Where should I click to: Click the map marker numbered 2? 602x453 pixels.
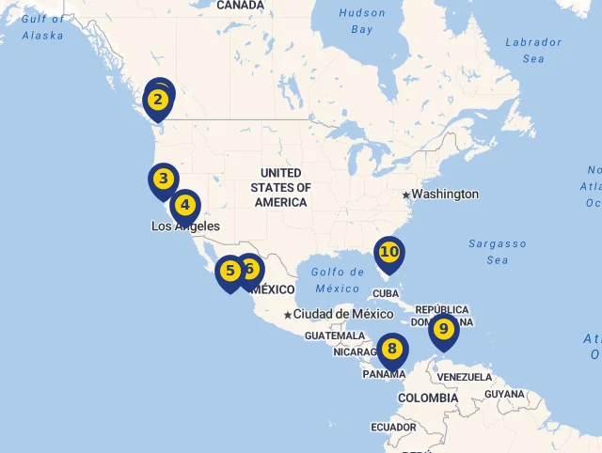pos(158,99)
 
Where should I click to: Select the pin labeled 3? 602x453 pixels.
pos(163,179)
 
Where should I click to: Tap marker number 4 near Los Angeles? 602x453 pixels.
pos(185,205)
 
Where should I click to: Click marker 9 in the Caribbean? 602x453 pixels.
pos(443,330)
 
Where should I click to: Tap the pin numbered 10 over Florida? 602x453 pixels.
pos(388,252)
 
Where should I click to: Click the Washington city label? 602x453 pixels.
pos(445,195)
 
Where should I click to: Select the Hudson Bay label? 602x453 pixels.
pos(362,21)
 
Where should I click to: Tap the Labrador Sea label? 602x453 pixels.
pos(532,50)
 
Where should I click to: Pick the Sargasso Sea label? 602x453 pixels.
pos(498,252)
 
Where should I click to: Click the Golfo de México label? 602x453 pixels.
pos(338,280)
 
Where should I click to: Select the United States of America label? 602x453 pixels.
pos(280,188)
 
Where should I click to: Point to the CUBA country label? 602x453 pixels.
pos(387,293)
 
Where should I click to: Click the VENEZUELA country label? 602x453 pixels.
pos(466,377)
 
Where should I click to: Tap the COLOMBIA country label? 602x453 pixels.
pos(427,398)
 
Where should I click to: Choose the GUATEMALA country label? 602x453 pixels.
pos(334,336)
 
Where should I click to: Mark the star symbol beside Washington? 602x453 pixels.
pos(405,195)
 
